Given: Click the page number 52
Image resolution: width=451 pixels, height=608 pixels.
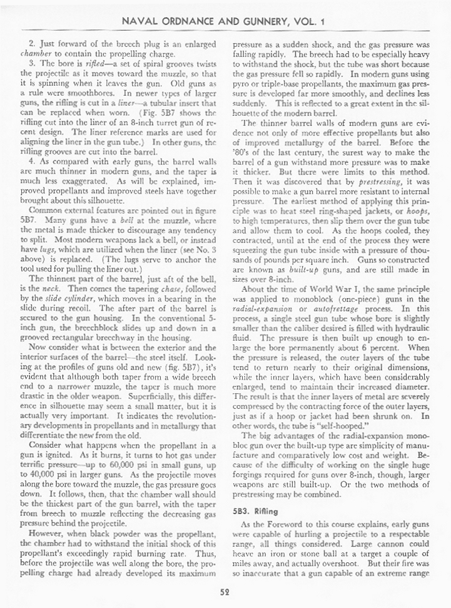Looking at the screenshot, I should [x=225, y=591].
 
